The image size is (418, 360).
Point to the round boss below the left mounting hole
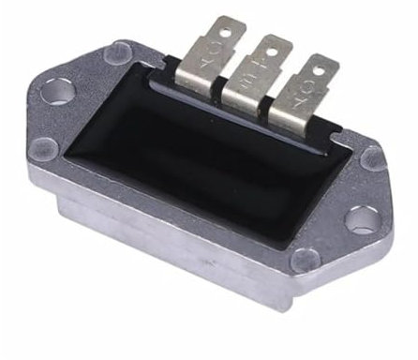pos(44,145)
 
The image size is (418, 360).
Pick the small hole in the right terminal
pos(323,67)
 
